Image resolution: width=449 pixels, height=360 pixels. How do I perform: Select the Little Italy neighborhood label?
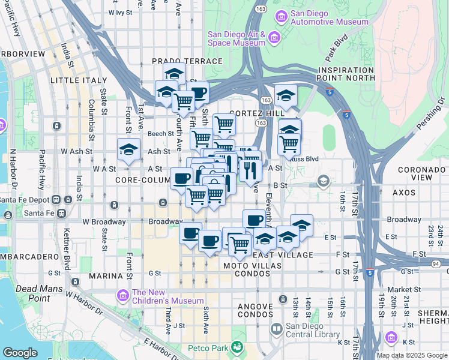79,80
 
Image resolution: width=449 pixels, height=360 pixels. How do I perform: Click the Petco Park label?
208,347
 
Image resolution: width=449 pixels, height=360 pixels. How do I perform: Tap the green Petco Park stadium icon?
238,347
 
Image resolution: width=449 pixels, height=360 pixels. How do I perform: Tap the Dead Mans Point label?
32,293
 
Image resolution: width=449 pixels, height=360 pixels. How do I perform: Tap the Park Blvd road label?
337,51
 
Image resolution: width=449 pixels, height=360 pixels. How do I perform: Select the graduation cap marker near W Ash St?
128,149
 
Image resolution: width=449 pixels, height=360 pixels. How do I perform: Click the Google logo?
20,353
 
